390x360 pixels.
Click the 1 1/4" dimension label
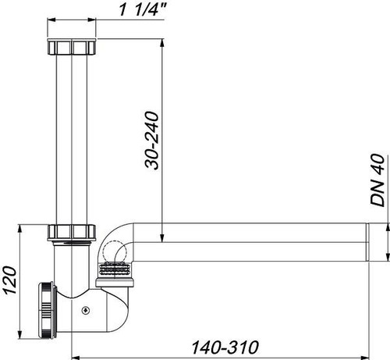[x=142, y=9]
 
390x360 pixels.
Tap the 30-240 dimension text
[x=152, y=141]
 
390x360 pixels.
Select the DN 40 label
[x=378, y=180]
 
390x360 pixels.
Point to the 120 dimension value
[x=10, y=280]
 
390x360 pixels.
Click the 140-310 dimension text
[x=225, y=348]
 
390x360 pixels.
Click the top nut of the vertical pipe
[x=72, y=47]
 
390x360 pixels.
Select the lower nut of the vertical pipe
[x=72, y=233]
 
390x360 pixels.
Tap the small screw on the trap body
[x=86, y=310]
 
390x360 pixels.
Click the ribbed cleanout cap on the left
[x=47, y=310]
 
